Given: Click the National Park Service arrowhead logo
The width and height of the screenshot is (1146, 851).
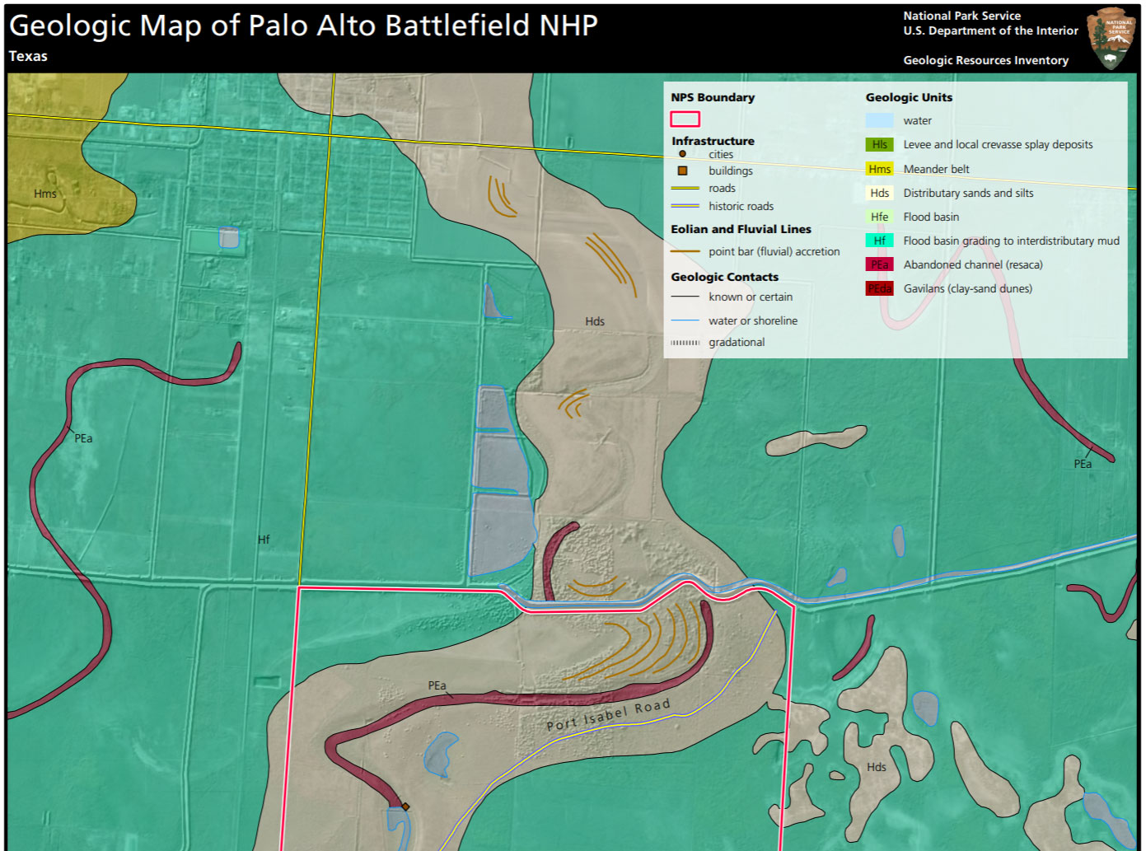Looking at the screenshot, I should [1111, 38].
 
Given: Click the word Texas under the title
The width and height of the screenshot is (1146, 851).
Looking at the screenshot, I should [28, 56].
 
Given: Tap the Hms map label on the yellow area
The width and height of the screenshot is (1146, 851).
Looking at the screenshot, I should [45, 194].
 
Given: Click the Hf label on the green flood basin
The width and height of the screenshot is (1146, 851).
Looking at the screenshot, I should [264, 540].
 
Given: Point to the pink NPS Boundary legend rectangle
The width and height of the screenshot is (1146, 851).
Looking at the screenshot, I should [685, 119].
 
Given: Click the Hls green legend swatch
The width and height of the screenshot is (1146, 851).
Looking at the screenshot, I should [879, 144].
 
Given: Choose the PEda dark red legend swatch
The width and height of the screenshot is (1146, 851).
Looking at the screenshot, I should [879, 288].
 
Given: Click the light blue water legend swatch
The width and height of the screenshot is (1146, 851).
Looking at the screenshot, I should [879, 120].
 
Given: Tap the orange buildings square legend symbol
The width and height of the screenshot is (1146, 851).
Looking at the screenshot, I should [682, 171].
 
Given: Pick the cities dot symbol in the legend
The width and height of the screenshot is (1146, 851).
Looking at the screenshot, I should [682, 154].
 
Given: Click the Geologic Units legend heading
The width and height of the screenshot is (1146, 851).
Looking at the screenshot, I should [909, 97].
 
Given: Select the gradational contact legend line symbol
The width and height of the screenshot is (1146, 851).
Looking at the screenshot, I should [685, 343].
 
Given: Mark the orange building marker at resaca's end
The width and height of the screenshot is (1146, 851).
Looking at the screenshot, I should [405, 807].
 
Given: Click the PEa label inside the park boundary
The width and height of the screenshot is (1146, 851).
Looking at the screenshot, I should [437, 685].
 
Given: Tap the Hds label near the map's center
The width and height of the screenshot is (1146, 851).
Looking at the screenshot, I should [595, 321].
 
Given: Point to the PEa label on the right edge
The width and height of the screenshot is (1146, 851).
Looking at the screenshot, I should [1083, 464].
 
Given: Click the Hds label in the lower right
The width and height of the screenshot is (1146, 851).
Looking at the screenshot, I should [877, 767].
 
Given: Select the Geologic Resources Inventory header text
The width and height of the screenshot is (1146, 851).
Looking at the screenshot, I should [985, 60].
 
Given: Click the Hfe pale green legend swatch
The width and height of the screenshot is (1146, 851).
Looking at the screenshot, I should [879, 217].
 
